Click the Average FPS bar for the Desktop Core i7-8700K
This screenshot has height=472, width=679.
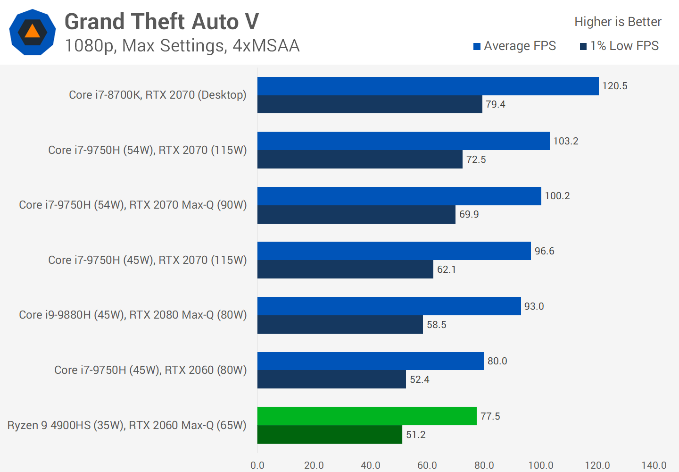coord(428,86)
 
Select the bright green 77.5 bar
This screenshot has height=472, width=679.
coord(367,416)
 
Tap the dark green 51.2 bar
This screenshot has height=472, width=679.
coord(330,435)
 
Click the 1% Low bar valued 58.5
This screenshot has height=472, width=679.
coord(340,325)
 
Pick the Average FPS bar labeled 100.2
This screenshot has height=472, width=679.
coord(399,196)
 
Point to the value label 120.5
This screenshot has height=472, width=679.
coord(615,86)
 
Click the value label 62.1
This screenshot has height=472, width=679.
coord(447,270)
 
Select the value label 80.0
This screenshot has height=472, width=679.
coord(497,361)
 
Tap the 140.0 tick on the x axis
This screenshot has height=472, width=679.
coord(654,465)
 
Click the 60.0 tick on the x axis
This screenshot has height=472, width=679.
coord(427,465)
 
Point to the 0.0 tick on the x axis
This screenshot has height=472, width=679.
coord(257,465)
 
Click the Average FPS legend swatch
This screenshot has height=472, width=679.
coord(477,46)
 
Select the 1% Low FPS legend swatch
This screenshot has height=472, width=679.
coord(583,46)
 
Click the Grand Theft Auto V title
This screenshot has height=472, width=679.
coord(162,22)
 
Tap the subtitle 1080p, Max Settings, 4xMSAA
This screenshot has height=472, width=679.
coord(182,46)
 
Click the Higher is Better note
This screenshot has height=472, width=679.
coord(618,22)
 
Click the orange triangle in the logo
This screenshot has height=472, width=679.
coord(33,32)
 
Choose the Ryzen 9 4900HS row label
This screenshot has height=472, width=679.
coord(127,425)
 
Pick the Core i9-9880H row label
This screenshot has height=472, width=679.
coord(133,315)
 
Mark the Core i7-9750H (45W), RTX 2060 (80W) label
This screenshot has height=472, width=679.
coord(150,370)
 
